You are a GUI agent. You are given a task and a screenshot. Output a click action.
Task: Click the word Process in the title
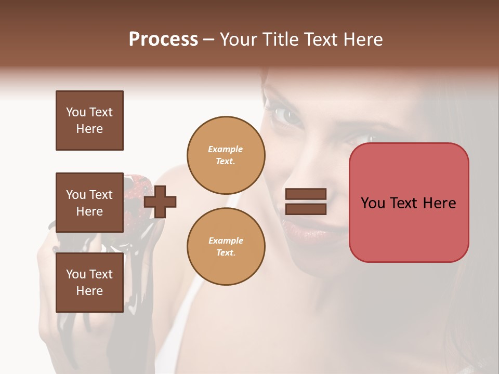[163, 39]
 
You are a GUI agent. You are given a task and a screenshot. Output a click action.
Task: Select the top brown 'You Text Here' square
[89, 121]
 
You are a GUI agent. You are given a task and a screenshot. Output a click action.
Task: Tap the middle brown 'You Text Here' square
[89, 203]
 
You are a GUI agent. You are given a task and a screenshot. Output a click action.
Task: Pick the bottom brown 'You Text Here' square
[89, 283]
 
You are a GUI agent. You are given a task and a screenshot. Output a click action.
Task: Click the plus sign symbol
[160, 202]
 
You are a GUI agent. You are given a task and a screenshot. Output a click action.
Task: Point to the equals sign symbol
[306, 202]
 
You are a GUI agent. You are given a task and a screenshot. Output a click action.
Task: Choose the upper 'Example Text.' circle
[226, 155]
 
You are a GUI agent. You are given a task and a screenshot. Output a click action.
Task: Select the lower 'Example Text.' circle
[226, 247]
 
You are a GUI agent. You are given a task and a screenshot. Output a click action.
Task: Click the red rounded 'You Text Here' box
[409, 203]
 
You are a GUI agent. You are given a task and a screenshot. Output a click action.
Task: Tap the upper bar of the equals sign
[306, 194]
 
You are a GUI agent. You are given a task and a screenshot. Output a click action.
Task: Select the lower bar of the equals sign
[306, 209]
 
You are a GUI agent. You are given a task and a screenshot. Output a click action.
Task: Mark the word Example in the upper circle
[226, 149]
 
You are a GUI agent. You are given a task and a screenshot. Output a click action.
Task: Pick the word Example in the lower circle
[226, 241]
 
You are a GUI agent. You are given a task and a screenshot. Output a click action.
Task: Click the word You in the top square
[75, 112]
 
